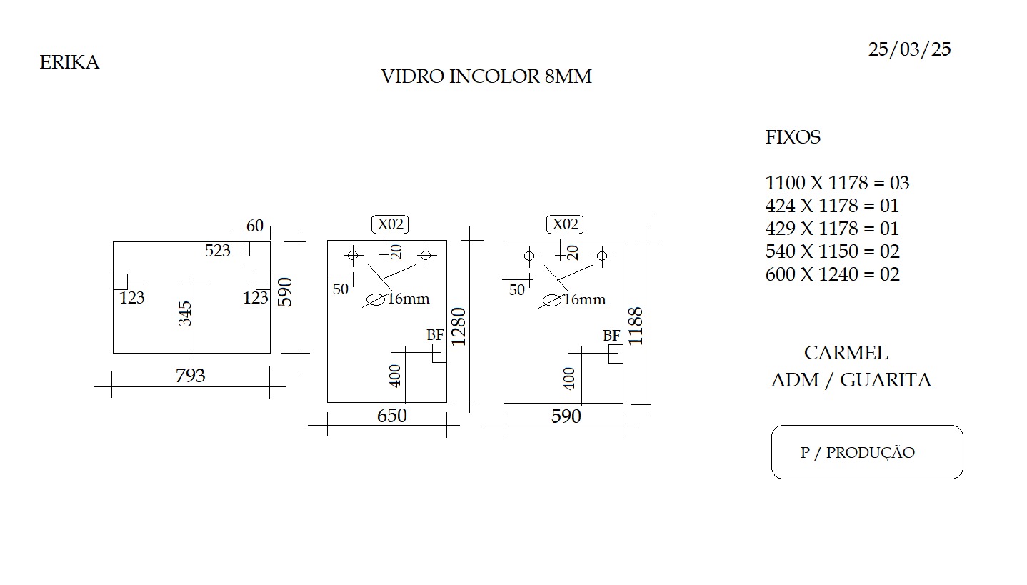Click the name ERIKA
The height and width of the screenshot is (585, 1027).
click(69, 62)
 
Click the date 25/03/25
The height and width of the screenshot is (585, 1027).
click(910, 49)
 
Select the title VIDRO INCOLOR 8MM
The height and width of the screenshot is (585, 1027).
click(486, 76)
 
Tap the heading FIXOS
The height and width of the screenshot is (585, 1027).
click(793, 137)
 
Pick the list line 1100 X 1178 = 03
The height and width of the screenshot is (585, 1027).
click(837, 183)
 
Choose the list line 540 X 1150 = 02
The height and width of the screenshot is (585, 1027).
click(833, 251)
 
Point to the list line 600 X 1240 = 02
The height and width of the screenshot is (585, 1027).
click(833, 274)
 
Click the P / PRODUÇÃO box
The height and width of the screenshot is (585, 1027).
click(867, 452)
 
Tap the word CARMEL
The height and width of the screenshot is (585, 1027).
click(846, 353)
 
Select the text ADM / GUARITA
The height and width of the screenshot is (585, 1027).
click(851, 380)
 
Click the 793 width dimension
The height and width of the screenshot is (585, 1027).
click(190, 376)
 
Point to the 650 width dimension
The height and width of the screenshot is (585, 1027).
click(391, 416)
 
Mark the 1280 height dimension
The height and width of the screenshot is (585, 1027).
click(459, 326)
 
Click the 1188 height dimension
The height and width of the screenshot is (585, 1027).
click(636, 326)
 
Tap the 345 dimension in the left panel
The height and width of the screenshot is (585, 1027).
click(185, 314)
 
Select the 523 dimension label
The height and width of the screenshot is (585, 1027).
click(217, 251)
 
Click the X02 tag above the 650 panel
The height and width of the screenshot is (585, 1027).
click(390, 224)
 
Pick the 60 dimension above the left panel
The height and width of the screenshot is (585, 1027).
click(255, 226)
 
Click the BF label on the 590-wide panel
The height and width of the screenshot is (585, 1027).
click(611, 336)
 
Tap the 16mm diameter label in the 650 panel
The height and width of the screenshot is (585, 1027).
click(409, 299)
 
